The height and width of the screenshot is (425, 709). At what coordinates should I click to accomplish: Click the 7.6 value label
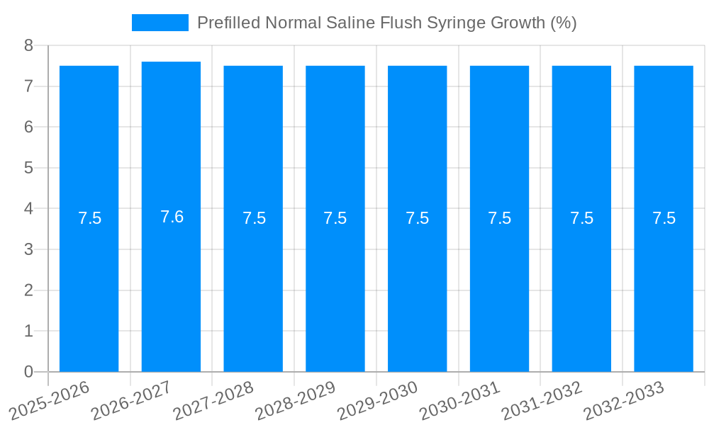tap(172, 217)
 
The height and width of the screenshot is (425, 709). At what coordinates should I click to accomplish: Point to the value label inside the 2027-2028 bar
tap(254, 218)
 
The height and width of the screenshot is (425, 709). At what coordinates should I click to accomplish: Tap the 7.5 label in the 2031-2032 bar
tap(581, 218)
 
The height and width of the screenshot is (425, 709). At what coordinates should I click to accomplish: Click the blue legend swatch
tap(160, 23)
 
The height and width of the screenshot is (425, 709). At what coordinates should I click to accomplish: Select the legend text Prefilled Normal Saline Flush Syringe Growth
tap(386, 23)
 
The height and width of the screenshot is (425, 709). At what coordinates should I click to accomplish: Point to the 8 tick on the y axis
tap(28, 45)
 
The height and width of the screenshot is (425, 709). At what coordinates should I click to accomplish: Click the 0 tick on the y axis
tap(28, 372)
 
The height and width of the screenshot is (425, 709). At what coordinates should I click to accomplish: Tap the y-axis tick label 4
tap(28, 209)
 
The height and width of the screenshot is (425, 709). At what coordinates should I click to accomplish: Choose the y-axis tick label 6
tap(28, 127)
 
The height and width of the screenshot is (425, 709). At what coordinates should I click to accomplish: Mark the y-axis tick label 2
tap(28, 290)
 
